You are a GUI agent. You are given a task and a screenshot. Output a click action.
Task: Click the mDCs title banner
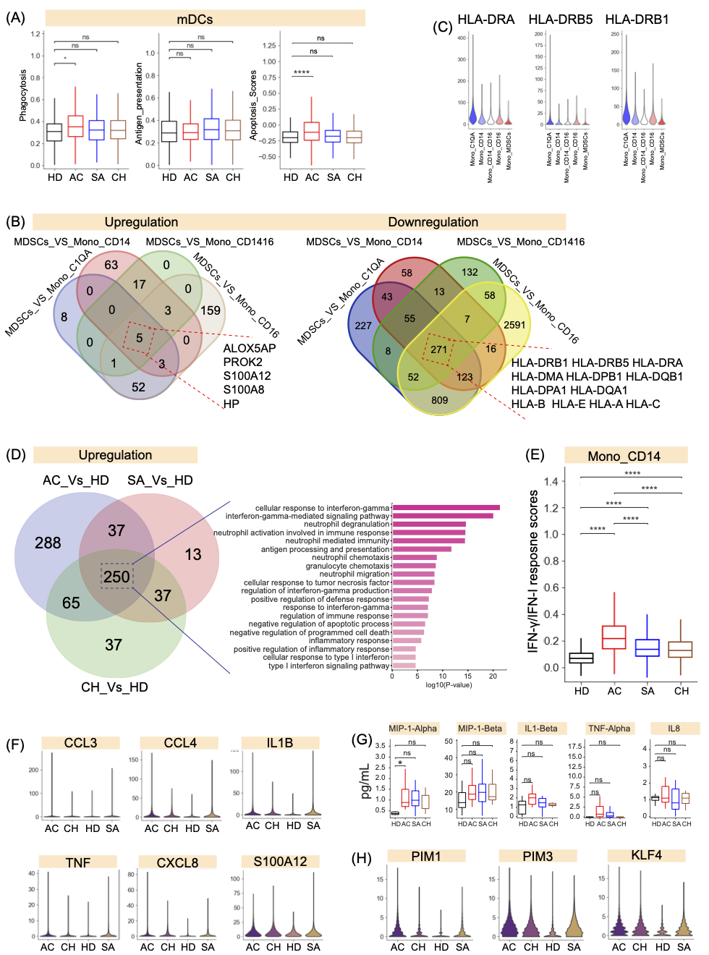point(205,19)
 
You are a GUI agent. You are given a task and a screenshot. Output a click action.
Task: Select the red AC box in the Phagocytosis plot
point(75,126)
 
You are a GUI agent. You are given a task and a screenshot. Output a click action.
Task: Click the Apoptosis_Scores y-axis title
point(253,105)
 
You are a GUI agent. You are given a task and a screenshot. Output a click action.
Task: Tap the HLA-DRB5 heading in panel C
point(560,20)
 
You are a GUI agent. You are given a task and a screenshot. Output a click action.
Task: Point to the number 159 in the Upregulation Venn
point(211,310)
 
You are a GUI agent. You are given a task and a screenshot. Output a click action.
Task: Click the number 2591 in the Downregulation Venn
point(514,325)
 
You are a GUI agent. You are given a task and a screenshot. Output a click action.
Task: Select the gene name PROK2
point(242,362)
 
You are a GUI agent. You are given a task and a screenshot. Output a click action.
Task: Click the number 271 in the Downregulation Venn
point(439,349)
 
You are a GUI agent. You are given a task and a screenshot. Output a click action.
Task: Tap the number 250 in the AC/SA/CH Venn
point(116,577)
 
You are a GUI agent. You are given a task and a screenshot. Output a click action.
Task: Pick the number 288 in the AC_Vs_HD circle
point(48,543)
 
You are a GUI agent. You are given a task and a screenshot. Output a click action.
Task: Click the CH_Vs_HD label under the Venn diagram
point(114,687)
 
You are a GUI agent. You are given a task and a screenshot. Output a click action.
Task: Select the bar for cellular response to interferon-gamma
point(446,508)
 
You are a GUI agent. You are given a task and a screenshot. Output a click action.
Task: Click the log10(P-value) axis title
point(449,684)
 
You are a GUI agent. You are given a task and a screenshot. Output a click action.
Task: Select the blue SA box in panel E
point(648,648)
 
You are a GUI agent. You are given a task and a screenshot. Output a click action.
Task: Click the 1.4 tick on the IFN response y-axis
point(551,481)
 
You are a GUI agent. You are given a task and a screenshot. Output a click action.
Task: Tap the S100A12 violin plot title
point(280,862)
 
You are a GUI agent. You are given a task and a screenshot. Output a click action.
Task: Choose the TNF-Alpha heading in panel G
point(609,729)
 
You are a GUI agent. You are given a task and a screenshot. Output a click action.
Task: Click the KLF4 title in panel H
point(646,855)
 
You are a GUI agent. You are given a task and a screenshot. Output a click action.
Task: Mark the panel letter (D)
point(15,455)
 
